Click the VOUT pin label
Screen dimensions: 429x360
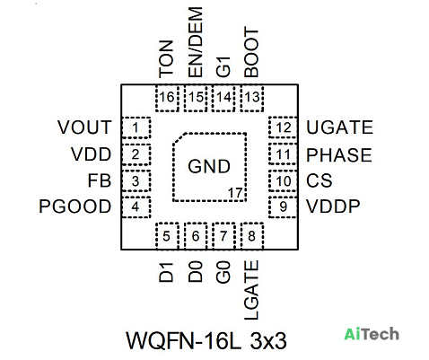tap(84, 127)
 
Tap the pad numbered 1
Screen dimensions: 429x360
tap(136, 127)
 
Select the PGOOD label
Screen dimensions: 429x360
tap(75, 206)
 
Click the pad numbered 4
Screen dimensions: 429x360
tap(136, 207)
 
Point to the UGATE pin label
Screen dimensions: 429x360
tap(340, 127)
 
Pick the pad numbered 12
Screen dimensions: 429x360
tap(283, 127)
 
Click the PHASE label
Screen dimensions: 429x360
tap(339, 155)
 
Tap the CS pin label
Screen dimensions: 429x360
tap(320, 180)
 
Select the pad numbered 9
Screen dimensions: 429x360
tap(283, 207)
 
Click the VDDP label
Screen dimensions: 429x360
tap(333, 206)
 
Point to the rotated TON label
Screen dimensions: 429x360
tap(166, 59)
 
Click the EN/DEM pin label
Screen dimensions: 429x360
tap(196, 42)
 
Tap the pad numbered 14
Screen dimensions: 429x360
tap(223, 98)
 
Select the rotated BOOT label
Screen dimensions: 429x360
tap(251, 52)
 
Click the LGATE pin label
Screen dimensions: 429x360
tap(251, 290)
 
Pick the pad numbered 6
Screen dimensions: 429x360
tap(196, 236)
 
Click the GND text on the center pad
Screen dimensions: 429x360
tap(209, 166)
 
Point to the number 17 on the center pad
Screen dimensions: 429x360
tap(235, 193)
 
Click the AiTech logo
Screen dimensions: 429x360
tap(372, 334)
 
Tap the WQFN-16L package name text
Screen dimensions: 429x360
tap(183, 340)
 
